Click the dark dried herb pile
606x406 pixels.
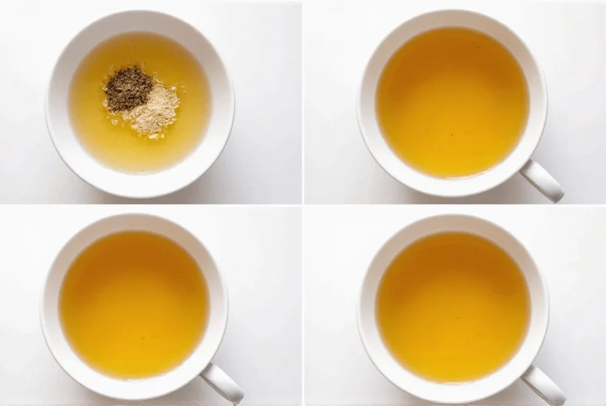(127, 88)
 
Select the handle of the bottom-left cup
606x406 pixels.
(223, 384)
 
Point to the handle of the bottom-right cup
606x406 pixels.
(544, 384)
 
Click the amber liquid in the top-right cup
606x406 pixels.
(452, 101)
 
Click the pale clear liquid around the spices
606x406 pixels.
(101, 135)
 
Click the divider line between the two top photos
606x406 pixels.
(303, 101)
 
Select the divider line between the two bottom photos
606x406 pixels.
(303, 304)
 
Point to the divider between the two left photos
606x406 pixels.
(149, 204)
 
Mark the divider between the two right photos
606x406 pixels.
(453, 204)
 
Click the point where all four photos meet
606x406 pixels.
(303, 204)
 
